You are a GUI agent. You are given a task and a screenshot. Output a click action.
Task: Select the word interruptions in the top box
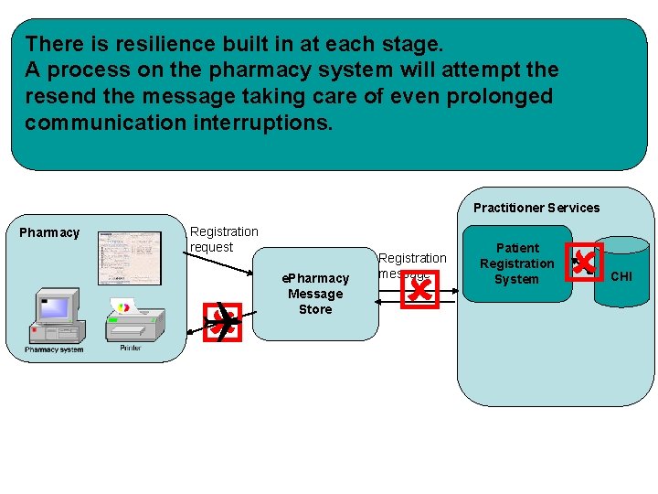pyautogui.click(x=260, y=123)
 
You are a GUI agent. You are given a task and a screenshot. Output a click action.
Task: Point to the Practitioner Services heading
pyautogui.click(x=536, y=208)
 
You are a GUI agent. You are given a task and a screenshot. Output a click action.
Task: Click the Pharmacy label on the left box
pyautogui.click(x=49, y=232)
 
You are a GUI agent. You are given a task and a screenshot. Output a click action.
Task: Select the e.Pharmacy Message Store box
pyautogui.click(x=315, y=294)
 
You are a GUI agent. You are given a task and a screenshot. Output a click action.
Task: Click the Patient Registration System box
pyautogui.click(x=516, y=263)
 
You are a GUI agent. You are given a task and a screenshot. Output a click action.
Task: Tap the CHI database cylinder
pyautogui.click(x=621, y=274)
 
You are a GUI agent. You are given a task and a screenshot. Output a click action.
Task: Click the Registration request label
pyautogui.click(x=224, y=240)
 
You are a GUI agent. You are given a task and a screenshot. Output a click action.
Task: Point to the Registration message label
pyautogui.click(x=412, y=265)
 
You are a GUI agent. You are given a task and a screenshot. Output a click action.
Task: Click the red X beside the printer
pyautogui.click(x=221, y=320)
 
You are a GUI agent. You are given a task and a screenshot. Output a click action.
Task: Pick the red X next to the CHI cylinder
pyautogui.click(x=584, y=263)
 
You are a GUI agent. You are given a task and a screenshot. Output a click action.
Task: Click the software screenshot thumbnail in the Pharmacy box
pyautogui.click(x=130, y=258)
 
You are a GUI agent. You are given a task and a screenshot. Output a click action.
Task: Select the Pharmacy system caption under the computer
pyautogui.click(x=54, y=349)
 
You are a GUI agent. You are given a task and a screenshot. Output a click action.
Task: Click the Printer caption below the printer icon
pyautogui.click(x=131, y=349)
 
